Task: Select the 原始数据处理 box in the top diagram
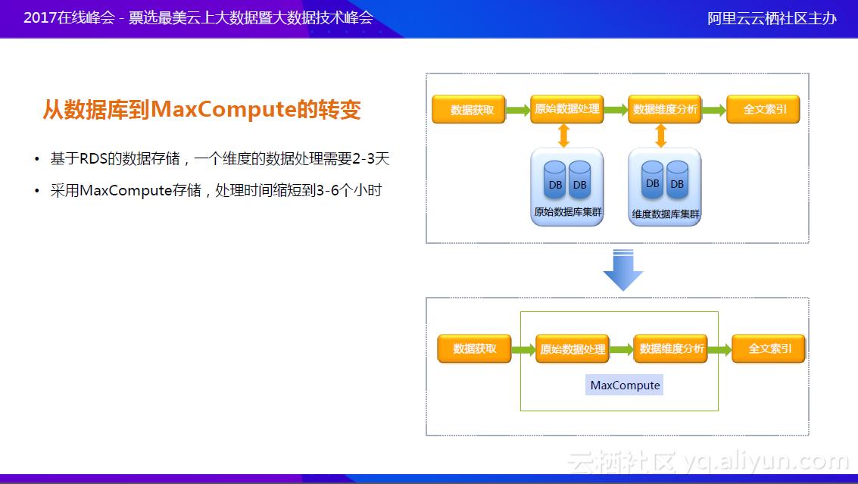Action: point(567,109)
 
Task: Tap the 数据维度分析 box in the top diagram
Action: point(665,109)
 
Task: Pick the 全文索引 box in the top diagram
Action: point(764,109)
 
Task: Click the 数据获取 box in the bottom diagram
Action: point(475,349)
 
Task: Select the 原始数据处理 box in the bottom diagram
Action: point(573,349)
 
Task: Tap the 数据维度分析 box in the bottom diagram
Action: point(671,348)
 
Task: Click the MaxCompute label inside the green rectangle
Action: point(625,386)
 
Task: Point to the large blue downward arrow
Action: point(622,270)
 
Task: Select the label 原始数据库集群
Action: point(567,213)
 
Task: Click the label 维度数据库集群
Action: point(666,214)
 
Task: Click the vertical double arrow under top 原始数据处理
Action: point(563,136)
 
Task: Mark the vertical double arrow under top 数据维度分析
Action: point(661,136)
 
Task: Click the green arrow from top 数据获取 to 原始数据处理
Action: point(518,110)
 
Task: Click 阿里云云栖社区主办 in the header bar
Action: point(772,18)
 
